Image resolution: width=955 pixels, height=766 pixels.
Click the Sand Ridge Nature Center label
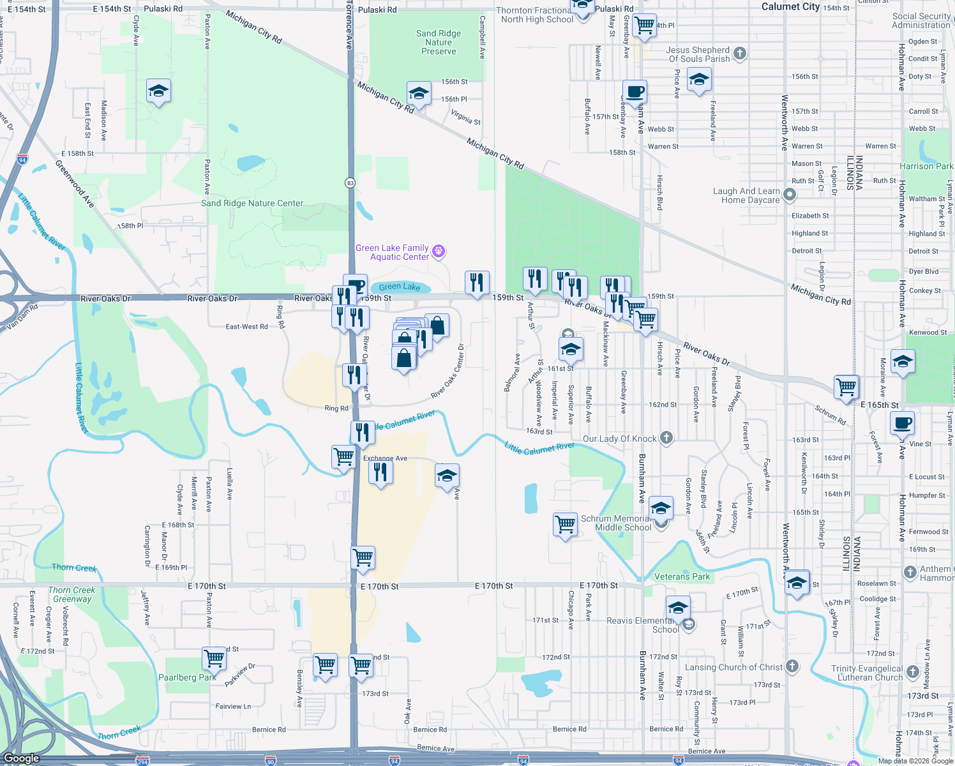coord(252,204)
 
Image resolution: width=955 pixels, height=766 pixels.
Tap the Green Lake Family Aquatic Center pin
coord(439,252)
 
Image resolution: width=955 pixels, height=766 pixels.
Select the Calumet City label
coord(790,6)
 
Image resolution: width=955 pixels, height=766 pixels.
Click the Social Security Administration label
coord(921,20)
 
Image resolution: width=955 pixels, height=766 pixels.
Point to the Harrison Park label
coord(926,166)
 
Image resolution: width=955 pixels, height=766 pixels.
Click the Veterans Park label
coord(682,576)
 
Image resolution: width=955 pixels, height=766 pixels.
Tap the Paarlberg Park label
coord(187,677)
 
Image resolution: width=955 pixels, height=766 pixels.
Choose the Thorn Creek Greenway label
coord(71,594)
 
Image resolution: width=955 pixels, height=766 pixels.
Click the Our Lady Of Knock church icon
coord(666,438)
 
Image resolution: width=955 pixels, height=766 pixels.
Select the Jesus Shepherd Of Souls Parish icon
coord(740,54)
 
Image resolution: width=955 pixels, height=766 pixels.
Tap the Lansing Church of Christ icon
coord(792,666)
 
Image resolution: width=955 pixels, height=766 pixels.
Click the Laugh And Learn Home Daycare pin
coord(790,195)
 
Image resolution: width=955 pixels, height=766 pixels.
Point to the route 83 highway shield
coord(350,183)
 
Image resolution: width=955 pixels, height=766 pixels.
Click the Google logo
coord(21,758)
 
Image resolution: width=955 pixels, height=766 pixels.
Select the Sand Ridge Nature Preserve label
coord(439,42)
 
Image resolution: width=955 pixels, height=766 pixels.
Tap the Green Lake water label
coord(400,287)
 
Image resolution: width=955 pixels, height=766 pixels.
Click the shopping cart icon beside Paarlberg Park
coord(214,657)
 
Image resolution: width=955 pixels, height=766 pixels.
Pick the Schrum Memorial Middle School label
coord(616,523)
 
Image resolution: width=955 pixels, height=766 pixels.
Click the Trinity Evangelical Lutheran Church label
coord(866,673)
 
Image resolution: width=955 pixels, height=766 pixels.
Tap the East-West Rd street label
coord(246,326)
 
